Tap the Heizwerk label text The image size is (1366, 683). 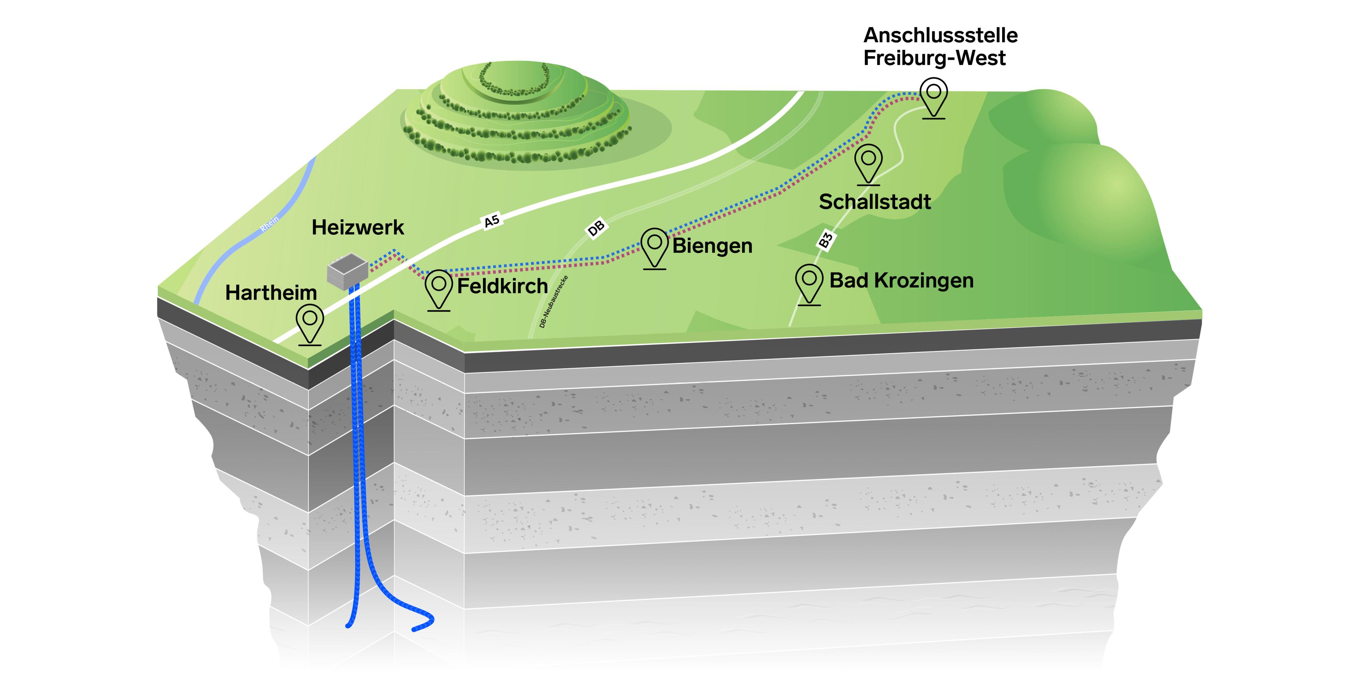pyautogui.click(x=358, y=228)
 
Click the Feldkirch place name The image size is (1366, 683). pyautogui.click(x=502, y=286)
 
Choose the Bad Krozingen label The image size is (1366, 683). pyautogui.click(x=901, y=281)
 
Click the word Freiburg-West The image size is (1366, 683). pyautogui.click(x=935, y=58)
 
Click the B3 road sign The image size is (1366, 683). pyautogui.click(x=825, y=240)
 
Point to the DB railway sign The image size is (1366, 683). pyautogui.click(x=596, y=228)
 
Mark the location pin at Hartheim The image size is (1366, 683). pyautogui.click(x=310, y=323)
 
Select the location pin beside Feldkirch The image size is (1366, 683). pyautogui.click(x=439, y=289)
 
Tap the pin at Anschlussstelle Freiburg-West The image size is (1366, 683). pyautogui.click(x=933, y=96)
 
